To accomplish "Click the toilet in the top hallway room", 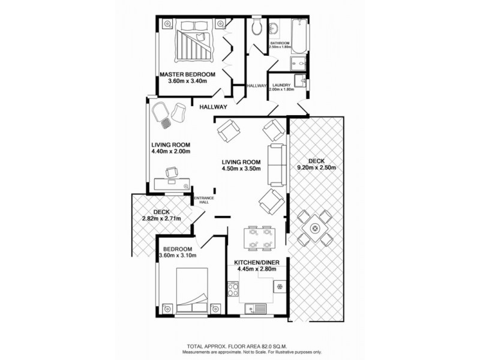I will tap(257, 26).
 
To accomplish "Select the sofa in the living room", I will tap(277, 164).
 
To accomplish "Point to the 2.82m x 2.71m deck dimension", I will tap(158, 219).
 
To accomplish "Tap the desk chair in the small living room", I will tap(171, 172).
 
